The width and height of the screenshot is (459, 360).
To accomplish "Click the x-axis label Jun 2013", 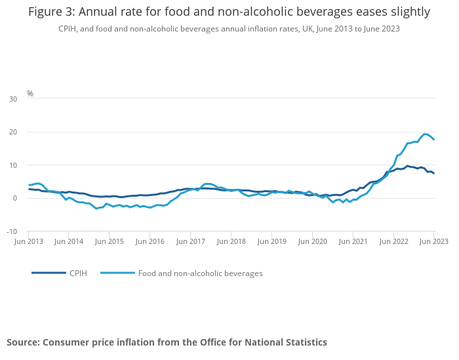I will pos(28,241).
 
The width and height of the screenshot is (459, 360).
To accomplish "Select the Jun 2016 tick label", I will pos(150,241).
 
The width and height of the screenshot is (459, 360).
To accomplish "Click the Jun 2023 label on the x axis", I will pos(433,241).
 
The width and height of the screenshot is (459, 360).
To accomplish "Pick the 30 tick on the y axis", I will pos(13,99).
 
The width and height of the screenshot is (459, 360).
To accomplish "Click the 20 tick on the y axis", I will pos(13,132).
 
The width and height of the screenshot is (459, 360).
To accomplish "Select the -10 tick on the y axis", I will pos(12,231).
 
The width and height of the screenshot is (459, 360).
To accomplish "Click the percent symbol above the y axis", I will pos(30,94).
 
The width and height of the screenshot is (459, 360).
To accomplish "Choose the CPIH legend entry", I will pos(78,273).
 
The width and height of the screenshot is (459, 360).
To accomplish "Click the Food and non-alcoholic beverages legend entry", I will pos(200,273).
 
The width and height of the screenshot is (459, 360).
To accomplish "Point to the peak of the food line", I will pos(426,134).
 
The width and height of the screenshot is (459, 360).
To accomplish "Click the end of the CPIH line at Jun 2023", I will pos(433,173).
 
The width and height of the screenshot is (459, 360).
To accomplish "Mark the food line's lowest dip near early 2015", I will pos(96,209).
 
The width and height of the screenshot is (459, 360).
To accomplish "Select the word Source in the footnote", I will pos(23,342).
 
